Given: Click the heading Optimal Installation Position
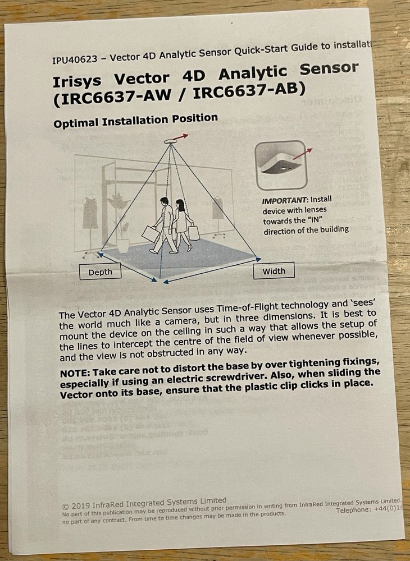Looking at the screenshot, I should (x=135, y=120).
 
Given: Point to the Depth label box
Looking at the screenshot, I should (x=100, y=272).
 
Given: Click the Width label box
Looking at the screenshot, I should (x=274, y=271).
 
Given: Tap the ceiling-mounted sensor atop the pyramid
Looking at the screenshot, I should (x=170, y=142).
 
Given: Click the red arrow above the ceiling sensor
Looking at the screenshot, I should (x=181, y=136).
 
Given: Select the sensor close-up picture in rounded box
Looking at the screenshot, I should (x=281, y=164).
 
